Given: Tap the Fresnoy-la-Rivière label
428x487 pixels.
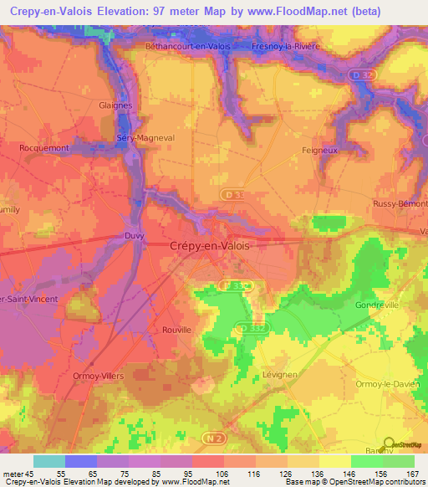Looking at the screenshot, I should point(286,46).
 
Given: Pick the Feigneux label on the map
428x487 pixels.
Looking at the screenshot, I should point(318,150).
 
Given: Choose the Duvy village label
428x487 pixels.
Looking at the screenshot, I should point(134,236).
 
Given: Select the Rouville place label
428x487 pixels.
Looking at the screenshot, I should point(176,330).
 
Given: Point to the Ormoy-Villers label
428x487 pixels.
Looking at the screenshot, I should point(97,376).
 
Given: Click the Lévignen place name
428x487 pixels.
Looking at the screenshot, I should point(275,375).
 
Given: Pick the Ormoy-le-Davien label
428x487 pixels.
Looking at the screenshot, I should point(385,384).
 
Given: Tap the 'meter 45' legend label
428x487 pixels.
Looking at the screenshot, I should point(18,473).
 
